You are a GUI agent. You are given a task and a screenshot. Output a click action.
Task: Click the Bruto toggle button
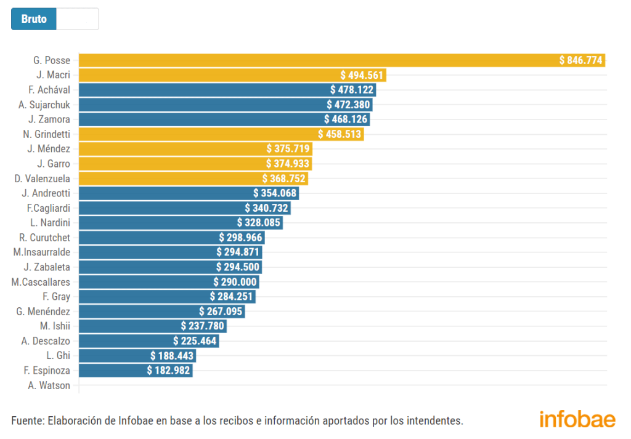34,19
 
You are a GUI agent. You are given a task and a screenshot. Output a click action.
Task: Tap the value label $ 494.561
362,75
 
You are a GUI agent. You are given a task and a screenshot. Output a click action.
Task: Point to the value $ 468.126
347,119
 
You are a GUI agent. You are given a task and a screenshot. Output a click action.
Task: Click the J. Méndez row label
49,149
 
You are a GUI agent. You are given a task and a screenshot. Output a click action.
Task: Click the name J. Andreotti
46,193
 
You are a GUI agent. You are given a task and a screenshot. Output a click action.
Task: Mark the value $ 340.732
267,208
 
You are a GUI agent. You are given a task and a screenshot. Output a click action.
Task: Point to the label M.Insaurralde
42,252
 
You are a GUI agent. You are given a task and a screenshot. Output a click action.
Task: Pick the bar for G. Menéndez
136,312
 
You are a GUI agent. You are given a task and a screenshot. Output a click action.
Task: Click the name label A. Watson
49,386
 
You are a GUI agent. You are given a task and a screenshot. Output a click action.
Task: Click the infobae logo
577,419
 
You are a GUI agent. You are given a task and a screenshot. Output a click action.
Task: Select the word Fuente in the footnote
26,421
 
